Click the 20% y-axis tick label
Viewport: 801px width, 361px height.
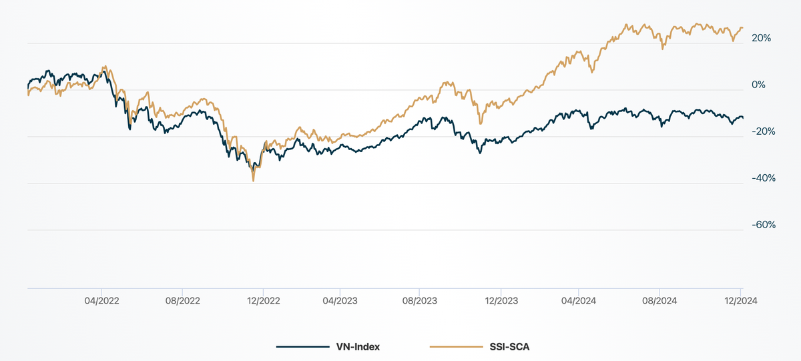[762, 38]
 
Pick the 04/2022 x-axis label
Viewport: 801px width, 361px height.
[102, 300]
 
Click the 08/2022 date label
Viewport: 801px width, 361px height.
[182, 300]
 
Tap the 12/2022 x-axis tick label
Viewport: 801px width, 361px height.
[263, 300]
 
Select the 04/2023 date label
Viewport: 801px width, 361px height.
[340, 300]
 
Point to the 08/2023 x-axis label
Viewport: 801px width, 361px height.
[419, 300]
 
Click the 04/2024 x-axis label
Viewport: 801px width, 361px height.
[578, 300]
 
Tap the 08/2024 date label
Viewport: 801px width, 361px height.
[659, 300]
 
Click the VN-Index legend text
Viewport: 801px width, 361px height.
[358, 347]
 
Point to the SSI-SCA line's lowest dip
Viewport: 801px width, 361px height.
[253, 181]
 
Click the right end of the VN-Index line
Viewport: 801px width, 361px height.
[742, 118]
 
